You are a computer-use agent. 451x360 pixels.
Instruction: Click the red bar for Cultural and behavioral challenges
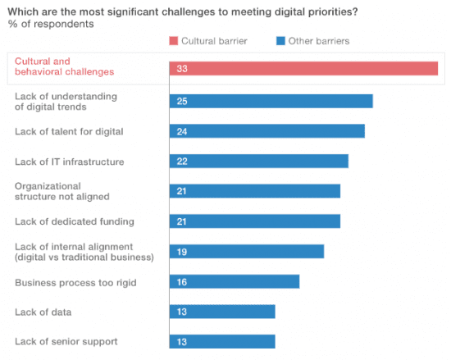coord(303,69)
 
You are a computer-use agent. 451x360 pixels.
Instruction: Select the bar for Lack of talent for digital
coord(266,131)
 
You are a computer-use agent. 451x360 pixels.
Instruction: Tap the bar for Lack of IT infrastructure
coord(258,161)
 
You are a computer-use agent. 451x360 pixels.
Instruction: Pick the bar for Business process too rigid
coord(234,281)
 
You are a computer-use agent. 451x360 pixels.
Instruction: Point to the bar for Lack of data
coord(222,312)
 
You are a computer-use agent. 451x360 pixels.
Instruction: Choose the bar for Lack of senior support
coord(222,341)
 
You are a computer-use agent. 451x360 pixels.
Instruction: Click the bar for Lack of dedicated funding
coord(254,221)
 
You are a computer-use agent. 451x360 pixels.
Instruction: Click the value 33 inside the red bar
coord(182,69)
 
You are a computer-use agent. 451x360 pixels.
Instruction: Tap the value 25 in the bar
coord(182,101)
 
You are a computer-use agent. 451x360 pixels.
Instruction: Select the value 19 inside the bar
coord(182,252)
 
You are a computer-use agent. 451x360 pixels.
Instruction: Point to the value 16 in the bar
coord(182,281)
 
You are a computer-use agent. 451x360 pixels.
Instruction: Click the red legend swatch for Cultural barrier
coord(174,40)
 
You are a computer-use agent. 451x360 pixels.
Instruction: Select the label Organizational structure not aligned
coord(61,191)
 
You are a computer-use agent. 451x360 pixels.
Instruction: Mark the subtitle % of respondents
coord(50,24)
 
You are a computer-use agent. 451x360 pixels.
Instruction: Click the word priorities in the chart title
coord(329,11)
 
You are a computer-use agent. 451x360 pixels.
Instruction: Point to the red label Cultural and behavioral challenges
coord(64,66)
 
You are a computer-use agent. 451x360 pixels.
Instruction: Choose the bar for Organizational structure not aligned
coord(254,191)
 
